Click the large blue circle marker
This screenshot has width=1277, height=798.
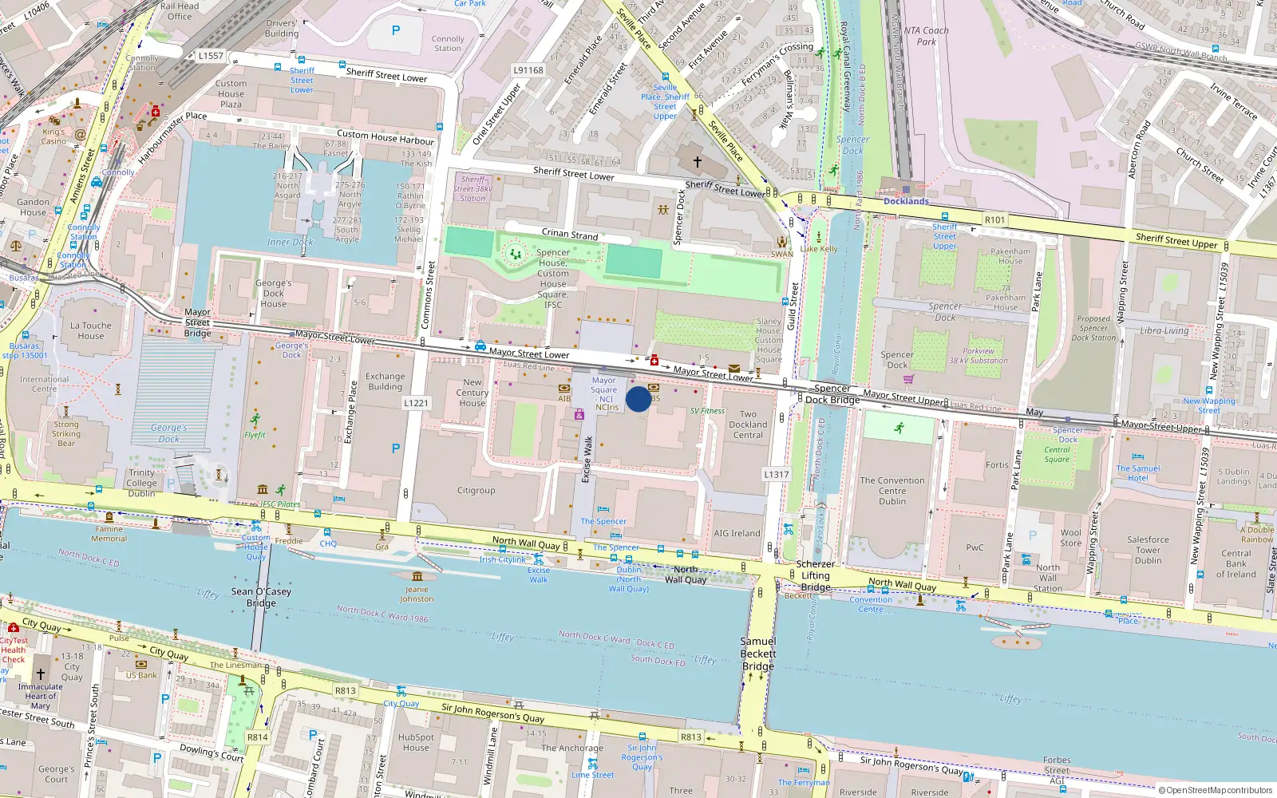(638, 399)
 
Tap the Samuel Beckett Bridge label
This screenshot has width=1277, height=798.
(757, 654)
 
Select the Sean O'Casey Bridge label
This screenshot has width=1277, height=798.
(261, 597)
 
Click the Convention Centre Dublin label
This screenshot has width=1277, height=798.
(892, 491)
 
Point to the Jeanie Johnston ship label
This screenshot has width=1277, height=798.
(417, 594)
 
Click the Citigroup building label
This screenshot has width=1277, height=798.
(476, 491)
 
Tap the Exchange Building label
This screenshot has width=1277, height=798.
(385, 381)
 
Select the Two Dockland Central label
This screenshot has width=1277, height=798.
(748, 425)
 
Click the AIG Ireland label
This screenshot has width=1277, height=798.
(737, 533)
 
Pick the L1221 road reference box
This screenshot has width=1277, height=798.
(416, 403)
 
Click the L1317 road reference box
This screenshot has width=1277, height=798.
(776, 474)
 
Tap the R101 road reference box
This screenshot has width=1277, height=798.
(994, 219)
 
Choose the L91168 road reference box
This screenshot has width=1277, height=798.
(528, 70)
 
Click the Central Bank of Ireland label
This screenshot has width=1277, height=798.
(1235, 563)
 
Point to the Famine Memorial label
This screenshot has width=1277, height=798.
(109, 534)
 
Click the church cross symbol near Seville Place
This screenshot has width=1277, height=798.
(697, 162)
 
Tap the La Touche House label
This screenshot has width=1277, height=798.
(91, 330)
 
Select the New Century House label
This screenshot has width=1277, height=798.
(472, 393)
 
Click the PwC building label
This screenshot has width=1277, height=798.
(975, 547)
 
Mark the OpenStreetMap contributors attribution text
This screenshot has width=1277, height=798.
(1215, 790)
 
